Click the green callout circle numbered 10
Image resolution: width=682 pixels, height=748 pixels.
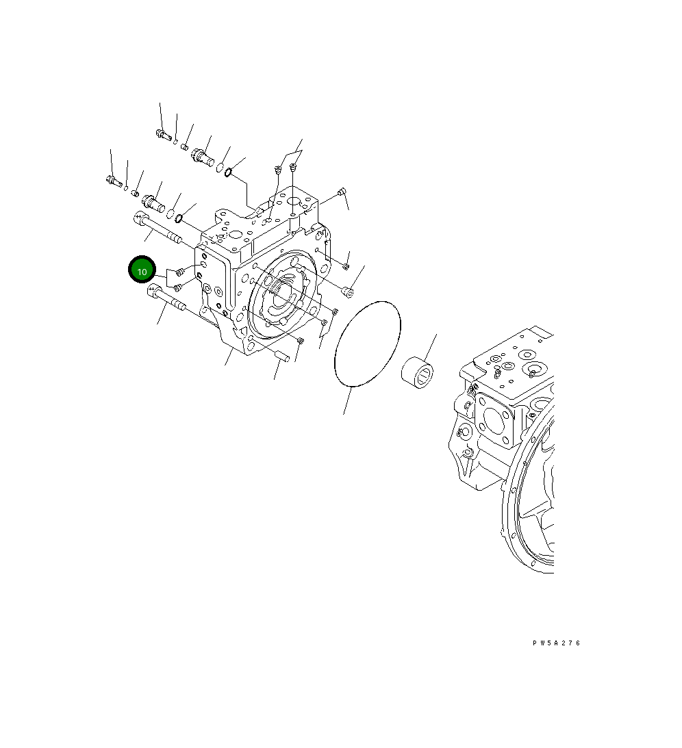tap(142, 270)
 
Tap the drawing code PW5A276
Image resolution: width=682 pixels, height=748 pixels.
tap(556, 643)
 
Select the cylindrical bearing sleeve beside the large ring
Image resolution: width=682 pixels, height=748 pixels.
tap(417, 372)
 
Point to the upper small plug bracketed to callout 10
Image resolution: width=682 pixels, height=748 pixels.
tap(179, 272)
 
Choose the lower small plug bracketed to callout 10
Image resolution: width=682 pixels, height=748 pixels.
tap(177, 287)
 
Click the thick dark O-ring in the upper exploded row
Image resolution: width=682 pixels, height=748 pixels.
tap(228, 172)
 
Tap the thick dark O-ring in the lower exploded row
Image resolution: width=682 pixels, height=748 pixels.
tap(179, 218)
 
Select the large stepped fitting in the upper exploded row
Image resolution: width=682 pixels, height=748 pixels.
tap(203, 157)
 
